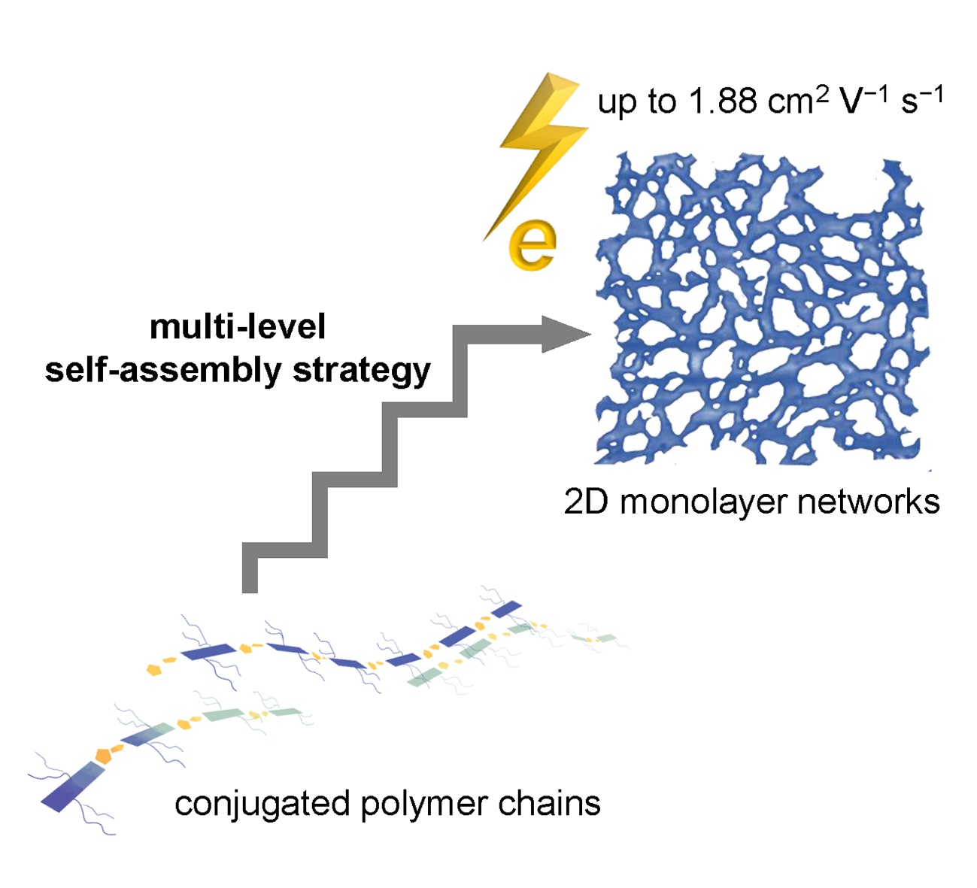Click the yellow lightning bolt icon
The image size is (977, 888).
point(540,150)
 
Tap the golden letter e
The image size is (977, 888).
point(532,245)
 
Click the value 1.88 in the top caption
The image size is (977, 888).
point(723,102)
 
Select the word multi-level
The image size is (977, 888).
point(238,327)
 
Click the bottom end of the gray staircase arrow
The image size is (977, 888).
point(250,583)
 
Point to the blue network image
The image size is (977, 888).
point(760,308)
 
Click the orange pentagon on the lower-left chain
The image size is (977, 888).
point(104,755)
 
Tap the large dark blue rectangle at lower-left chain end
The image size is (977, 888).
point(71,786)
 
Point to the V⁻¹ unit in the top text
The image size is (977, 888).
point(864,101)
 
